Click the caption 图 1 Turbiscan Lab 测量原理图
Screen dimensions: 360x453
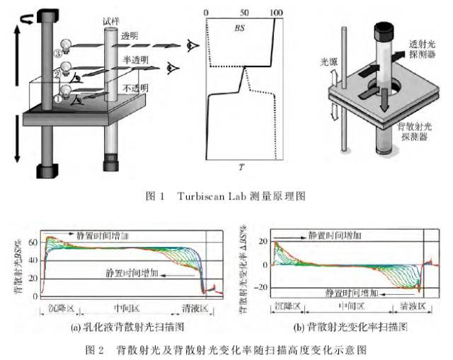[x=226, y=195]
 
